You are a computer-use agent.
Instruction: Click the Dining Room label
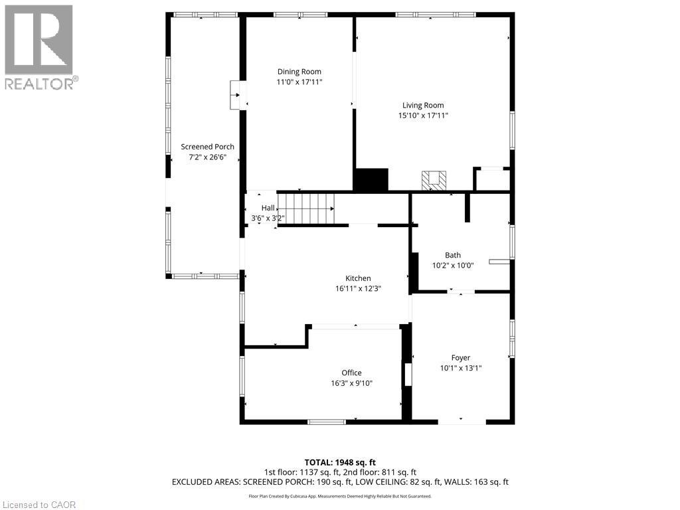click(299, 72)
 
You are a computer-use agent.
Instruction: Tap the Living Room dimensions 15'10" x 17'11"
click(422, 116)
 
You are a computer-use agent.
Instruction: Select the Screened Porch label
click(207, 147)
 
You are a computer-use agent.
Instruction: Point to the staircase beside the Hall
click(305, 208)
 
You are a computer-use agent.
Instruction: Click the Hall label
click(267, 208)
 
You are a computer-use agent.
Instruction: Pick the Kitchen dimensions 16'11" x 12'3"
click(358, 289)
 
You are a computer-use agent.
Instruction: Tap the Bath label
click(453, 255)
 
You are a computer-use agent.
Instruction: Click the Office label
click(351, 373)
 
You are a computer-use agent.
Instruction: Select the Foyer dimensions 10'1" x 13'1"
click(460, 368)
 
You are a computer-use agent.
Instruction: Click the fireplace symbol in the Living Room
click(434, 179)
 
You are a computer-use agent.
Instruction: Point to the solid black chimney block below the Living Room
click(371, 180)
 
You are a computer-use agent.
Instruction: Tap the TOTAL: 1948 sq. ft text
click(340, 462)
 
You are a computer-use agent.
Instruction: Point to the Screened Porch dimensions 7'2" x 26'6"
click(207, 158)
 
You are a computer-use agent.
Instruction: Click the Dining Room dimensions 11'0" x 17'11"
click(299, 82)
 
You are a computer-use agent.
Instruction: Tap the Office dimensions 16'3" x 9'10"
click(351, 383)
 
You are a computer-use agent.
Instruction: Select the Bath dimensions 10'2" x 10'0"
click(453, 266)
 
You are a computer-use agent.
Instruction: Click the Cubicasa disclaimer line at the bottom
click(340, 496)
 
